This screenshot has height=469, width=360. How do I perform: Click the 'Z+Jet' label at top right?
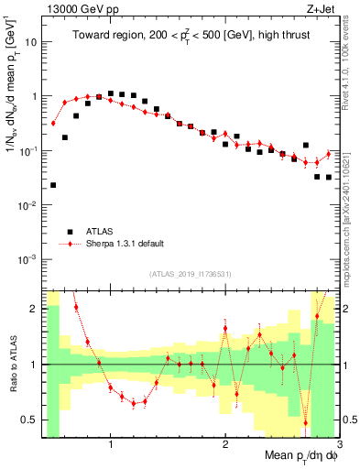[x=322, y=10]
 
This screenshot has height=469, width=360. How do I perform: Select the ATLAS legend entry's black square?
[x=69, y=231]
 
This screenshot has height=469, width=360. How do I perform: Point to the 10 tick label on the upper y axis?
[x=31, y=42]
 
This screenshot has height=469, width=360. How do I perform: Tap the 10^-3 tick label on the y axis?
[x=29, y=259]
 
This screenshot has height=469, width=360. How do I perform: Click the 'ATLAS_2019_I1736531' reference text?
[x=190, y=274]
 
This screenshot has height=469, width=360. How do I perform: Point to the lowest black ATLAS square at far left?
[x=53, y=185]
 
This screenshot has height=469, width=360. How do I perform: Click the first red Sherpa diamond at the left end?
[x=53, y=123]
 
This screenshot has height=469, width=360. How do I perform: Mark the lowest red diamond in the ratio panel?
[x=306, y=422]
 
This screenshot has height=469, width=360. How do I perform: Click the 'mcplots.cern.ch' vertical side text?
[x=352, y=229]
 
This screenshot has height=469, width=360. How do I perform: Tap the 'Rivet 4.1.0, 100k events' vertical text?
[x=352, y=82]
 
